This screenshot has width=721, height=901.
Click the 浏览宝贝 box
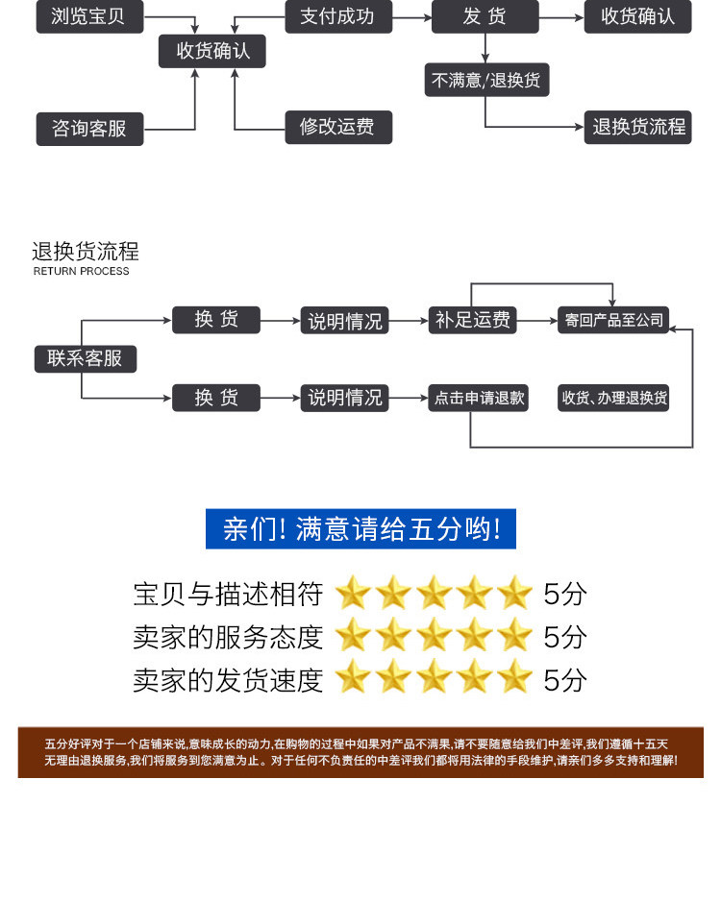click(88, 16)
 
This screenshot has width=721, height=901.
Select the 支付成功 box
click(336, 16)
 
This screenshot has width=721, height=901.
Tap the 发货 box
click(485, 16)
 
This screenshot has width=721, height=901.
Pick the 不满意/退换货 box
click(486, 81)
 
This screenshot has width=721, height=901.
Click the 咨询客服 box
click(89, 128)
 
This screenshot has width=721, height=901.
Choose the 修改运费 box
click(337, 127)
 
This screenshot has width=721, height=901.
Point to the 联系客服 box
click(85, 358)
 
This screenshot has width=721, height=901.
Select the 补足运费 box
click(472, 320)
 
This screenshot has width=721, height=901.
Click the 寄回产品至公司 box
click(614, 320)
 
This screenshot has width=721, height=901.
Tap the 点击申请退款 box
click(479, 398)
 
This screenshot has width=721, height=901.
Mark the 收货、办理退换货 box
click(614, 398)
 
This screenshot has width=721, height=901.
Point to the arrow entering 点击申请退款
click(408, 398)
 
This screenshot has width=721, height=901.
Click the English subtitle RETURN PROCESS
click(81, 272)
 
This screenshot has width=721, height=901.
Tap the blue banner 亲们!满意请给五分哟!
click(360, 529)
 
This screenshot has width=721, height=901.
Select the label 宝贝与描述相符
click(227, 594)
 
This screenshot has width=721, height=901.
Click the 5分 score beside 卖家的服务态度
click(564, 636)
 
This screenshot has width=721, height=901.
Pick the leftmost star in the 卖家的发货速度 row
click(353, 679)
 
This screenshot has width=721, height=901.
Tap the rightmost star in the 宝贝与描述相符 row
click(514, 594)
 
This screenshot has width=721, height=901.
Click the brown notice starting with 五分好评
click(360, 752)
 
